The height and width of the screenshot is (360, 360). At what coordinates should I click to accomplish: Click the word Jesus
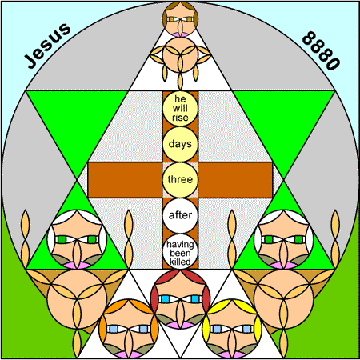tap(47, 46)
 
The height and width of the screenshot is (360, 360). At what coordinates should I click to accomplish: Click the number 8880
tap(321, 50)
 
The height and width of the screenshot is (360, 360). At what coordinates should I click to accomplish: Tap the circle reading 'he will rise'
tap(180, 109)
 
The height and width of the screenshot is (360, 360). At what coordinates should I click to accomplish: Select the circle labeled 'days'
tap(180, 144)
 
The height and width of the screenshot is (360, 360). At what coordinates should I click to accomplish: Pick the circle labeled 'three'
tap(180, 180)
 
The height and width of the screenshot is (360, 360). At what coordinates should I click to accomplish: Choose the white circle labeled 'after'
tap(180, 215)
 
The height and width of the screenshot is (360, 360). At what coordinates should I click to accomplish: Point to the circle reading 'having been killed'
tap(180, 251)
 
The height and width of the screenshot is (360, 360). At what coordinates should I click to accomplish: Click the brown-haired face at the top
tap(181, 19)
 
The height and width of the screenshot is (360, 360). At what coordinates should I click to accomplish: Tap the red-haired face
tap(180, 298)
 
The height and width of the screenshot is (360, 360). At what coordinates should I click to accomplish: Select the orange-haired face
tap(129, 329)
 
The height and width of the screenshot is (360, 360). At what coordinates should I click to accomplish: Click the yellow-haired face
tap(232, 329)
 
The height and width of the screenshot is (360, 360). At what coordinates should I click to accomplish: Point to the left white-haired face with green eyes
tap(77, 239)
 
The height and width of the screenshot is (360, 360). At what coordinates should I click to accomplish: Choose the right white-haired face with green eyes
tap(284, 239)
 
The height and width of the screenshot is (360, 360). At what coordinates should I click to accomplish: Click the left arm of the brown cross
tap(126, 180)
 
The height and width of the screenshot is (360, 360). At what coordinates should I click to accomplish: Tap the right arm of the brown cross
tap(235, 180)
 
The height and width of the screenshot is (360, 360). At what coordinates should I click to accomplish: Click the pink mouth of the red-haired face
tap(180, 325)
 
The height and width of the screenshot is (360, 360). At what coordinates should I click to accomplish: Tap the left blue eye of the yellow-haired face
tap(217, 329)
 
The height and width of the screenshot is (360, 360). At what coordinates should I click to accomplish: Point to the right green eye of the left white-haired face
tap(92, 239)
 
